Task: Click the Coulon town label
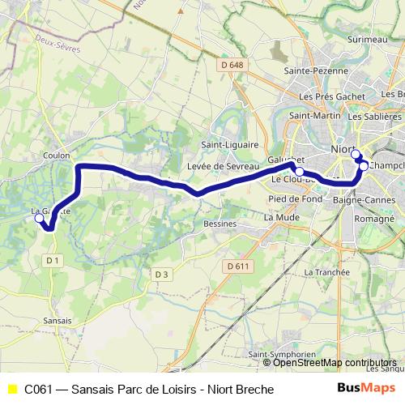59,155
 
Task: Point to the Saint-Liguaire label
225,144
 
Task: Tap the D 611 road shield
237,266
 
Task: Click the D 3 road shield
161,275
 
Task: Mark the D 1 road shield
53,260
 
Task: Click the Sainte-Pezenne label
311,71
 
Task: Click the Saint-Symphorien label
281,355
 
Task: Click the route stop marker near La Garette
39,218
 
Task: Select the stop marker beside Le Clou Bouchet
300,172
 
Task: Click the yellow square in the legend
11,390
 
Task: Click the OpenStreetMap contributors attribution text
335,363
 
